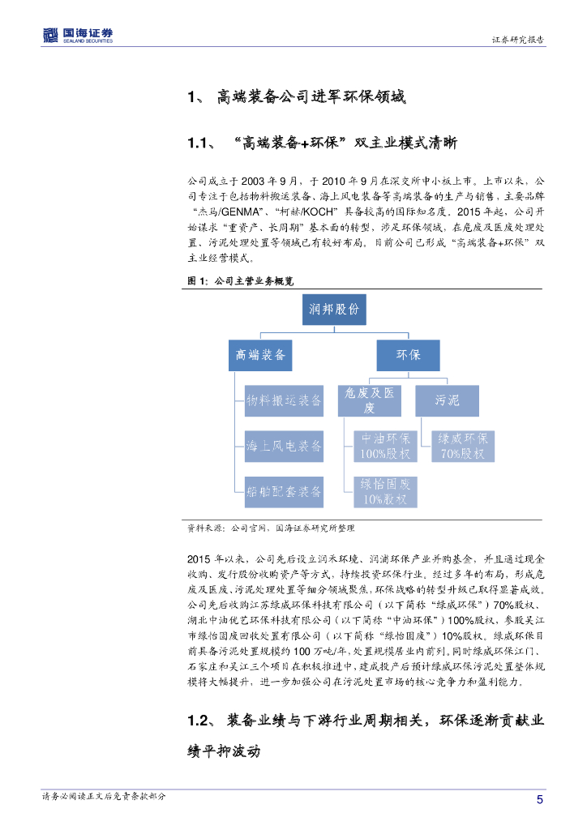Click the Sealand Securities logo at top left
coord(78,35)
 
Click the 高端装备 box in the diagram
coord(260,355)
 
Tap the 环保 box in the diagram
coord(407,355)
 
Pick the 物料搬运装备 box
coord(284,400)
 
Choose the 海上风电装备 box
coord(284,445)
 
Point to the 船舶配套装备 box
coord(284,490)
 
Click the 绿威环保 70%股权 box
coord(462,445)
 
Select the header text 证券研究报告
coord(518,40)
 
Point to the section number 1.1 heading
coord(199,143)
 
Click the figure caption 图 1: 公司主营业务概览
coord(241,280)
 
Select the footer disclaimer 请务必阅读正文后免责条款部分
coord(105,797)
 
